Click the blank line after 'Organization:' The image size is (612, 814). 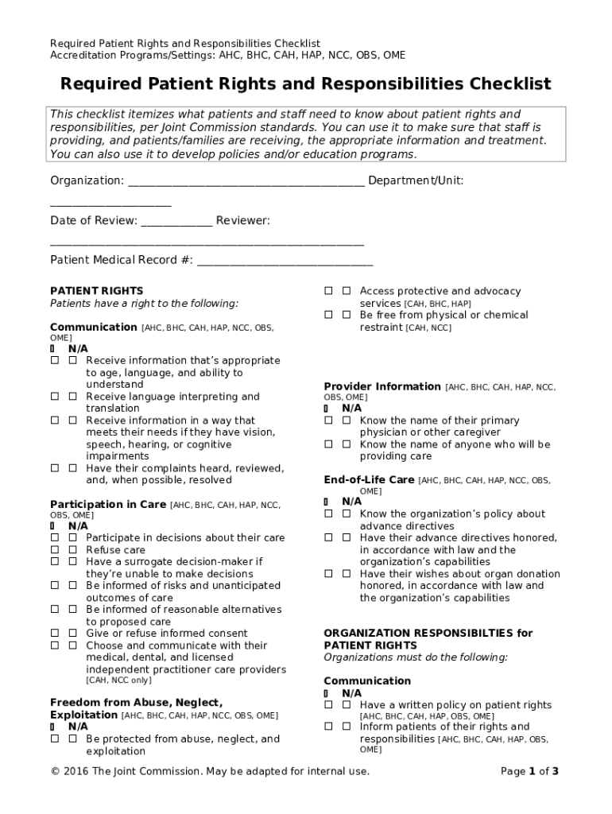(246, 181)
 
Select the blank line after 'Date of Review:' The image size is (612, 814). (176, 220)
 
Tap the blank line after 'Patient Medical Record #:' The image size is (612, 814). (285, 260)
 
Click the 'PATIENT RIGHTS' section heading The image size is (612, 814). (96, 291)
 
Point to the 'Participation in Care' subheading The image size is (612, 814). (108, 504)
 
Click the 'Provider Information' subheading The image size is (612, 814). (382, 386)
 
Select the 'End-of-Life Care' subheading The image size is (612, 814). (369, 479)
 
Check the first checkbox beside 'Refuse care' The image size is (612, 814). (55, 550)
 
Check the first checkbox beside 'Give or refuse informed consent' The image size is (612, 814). (55, 634)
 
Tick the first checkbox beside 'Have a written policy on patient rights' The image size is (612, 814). (328, 705)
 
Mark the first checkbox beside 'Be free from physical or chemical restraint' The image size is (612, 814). (328, 316)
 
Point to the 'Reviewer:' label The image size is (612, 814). (242, 220)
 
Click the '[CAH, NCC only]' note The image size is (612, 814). (118, 681)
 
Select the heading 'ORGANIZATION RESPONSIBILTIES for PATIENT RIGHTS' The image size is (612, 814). (428, 639)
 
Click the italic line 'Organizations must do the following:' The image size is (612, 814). (415, 657)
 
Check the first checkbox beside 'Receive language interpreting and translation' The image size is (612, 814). (55, 397)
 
